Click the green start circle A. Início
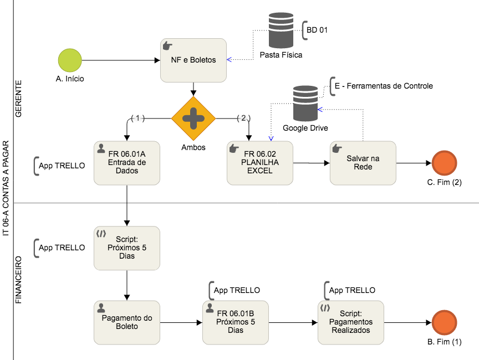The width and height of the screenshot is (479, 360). click(70, 60)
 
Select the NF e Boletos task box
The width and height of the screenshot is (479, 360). click(193, 60)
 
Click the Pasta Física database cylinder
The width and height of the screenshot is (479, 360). click(281, 31)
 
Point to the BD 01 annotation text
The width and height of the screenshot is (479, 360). click(317, 30)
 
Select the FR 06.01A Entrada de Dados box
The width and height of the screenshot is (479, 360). click(127, 163)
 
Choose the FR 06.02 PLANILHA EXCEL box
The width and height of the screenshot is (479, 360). click(260, 163)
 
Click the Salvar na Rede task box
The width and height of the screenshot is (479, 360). click(363, 163)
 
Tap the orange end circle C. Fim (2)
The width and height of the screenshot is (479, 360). click(444, 163)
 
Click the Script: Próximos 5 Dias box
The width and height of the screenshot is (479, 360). click(127, 248)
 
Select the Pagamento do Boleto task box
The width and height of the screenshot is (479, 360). click(127, 322)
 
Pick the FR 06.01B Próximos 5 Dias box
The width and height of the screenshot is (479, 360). click(236, 322)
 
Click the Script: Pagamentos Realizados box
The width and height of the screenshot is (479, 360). click(350, 322)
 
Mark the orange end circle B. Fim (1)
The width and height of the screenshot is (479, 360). click(444, 322)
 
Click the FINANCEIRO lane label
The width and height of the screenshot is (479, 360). click(18, 280)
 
